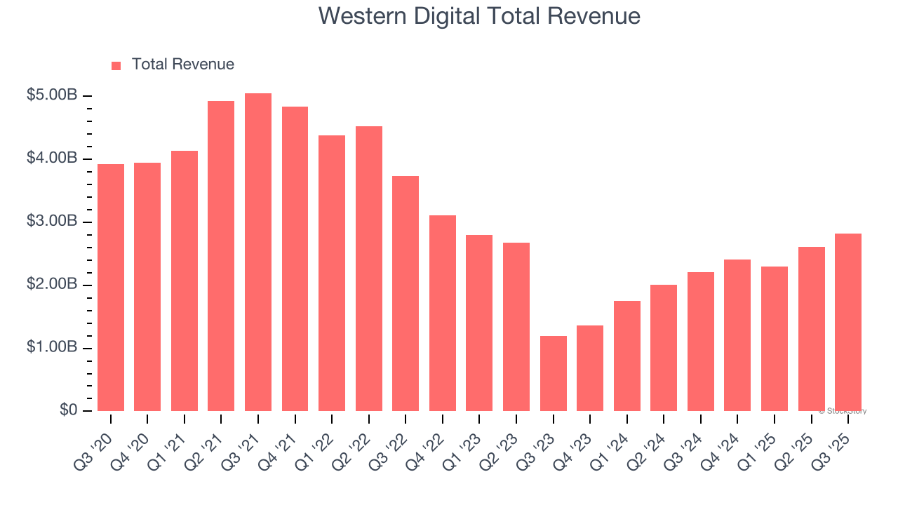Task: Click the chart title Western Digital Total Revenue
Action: pyautogui.click(x=479, y=15)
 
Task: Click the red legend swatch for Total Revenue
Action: pyautogui.click(x=116, y=65)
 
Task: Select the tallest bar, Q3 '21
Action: pyautogui.click(x=257, y=252)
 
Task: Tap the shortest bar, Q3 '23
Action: pyautogui.click(x=553, y=373)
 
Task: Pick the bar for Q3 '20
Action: pyautogui.click(x=111, y=288)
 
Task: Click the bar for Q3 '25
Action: pyautogui.click(x=847, y=322)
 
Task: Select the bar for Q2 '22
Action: pyautogui.click(x=368, y=269)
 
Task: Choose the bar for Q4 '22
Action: pyautogui.click(x=442, y=313)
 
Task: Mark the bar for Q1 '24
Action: pyautogui.click(x=626, y=356)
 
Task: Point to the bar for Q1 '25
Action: pyautogui.click(x=774, y=339)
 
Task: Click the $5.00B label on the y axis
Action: pyautogui.click(x=51, y=95)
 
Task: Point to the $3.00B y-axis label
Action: pyautogui.click(x=51, y=222)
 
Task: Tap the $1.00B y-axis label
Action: pyautogui.click(x=51, y=348)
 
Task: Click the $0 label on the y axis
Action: pyautogui.click(x=67, y=410)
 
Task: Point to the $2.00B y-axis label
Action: pyautogui.click(x=51, y=285)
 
